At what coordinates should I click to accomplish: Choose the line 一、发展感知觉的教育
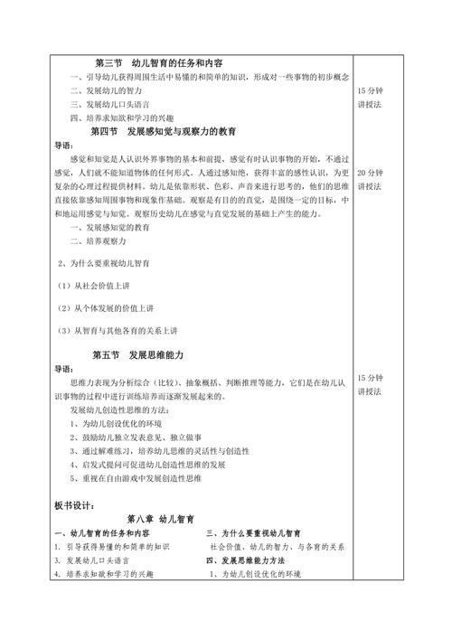coord(109,229)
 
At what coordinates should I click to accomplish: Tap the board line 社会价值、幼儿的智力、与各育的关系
coord(278,547)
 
